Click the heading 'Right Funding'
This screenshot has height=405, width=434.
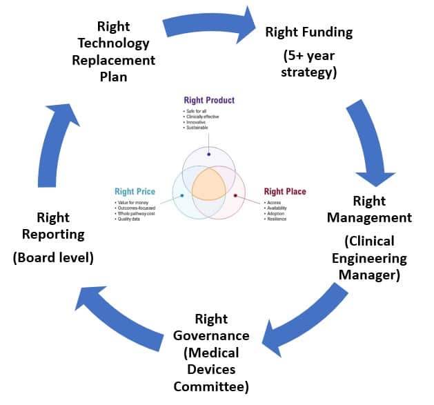(x=308, y=32)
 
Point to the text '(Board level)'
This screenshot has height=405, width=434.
(x=53, y=257)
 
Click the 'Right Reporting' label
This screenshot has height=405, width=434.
(x=53, y=226)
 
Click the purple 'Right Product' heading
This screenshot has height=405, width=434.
(x=209, y=101)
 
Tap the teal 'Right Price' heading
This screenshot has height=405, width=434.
(x=135, y=191)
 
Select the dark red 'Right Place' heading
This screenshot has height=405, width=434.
(x=285, y=191)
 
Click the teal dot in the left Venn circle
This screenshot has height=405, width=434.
(x=182, y=196)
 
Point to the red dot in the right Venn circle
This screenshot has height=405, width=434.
(x=235, y=196)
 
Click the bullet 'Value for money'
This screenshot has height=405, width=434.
(x=135, y=202)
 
